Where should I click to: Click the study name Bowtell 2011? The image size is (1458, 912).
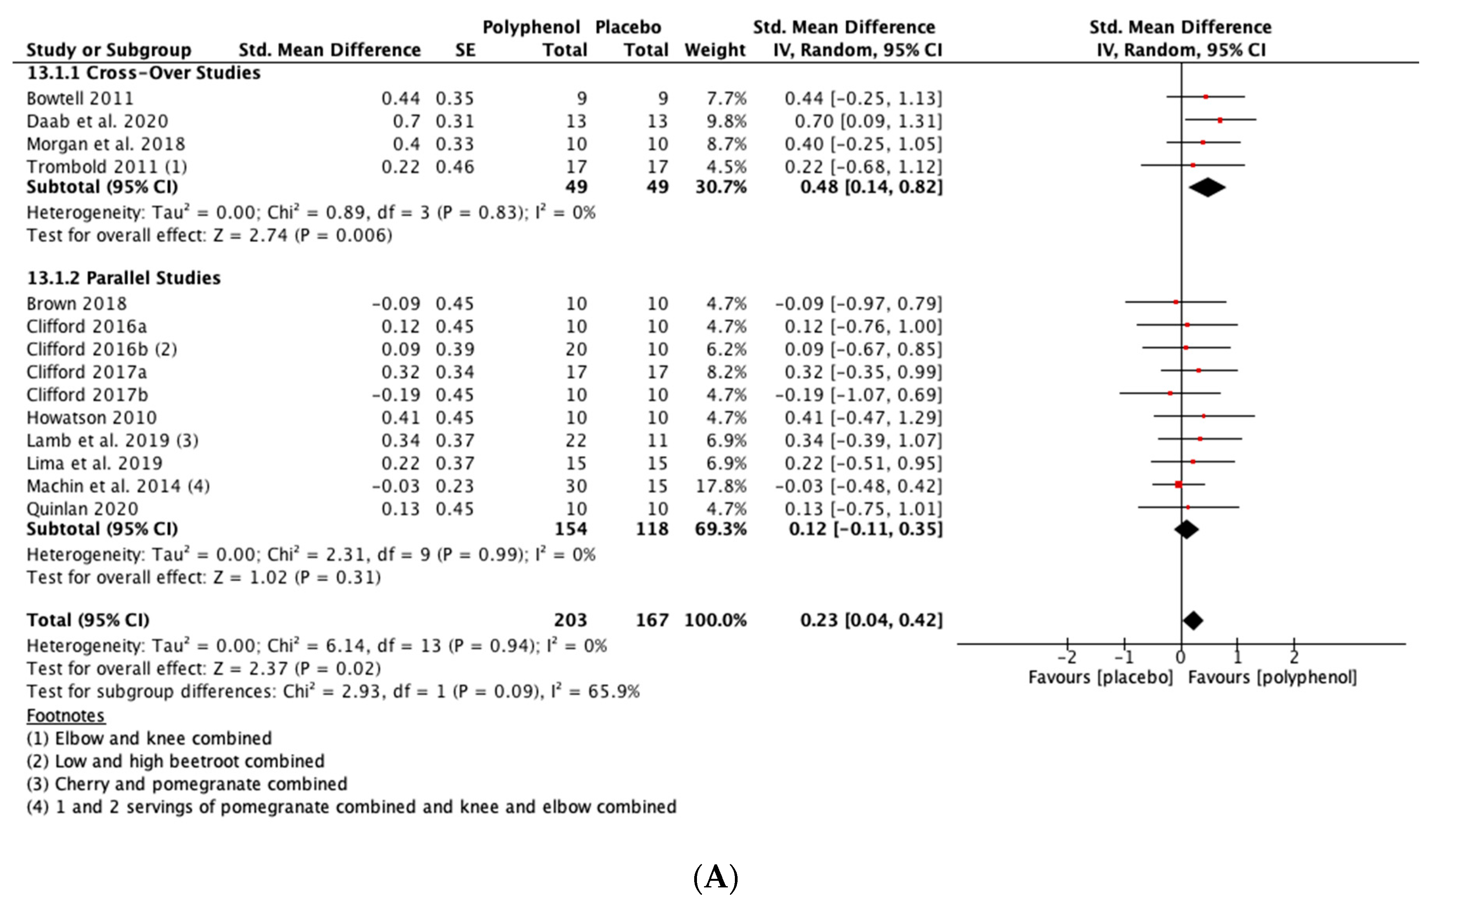click(80, 98)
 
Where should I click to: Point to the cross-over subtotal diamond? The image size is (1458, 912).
click(1207, 187)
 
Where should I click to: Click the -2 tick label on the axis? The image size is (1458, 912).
click(1066, 657)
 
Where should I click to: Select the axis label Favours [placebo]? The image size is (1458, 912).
click(1100, 677)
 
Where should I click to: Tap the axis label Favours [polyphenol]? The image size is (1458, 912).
click(1272, 677)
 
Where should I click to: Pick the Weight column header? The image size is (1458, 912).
click(715, 50)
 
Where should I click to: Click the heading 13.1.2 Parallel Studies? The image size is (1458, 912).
click(124, 278)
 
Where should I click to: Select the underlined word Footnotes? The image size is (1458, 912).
click(66, 716)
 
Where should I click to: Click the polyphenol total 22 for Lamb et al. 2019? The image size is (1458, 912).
click(576, 440)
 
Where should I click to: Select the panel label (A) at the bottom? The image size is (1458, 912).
click(716, 878)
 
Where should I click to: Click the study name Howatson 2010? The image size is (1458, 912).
click(92, 417)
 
